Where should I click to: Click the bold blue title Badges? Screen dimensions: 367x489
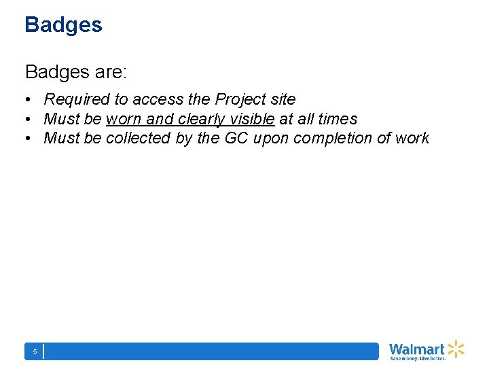point(63,25)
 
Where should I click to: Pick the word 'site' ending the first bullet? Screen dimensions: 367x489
point(283,99)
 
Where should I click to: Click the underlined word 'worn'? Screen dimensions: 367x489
point(124,119)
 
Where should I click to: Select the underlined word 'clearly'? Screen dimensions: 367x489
point(202,119)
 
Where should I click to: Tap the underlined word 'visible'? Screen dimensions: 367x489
point(252,119)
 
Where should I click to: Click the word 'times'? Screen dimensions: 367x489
point(337,119)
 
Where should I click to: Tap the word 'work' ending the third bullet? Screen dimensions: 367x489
point(413,138)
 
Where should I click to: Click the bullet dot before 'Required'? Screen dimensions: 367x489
point(31,100)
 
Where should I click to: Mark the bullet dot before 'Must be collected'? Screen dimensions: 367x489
point(31,139)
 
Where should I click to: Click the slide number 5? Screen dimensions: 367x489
point(35,351)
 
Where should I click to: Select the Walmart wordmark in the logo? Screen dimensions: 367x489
point(417,349)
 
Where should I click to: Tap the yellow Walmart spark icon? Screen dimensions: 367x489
point(456,349)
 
